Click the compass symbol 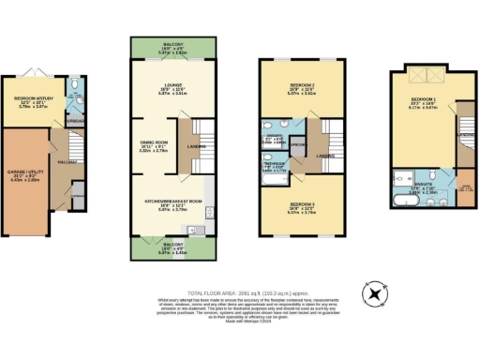(x=376, y=293)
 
